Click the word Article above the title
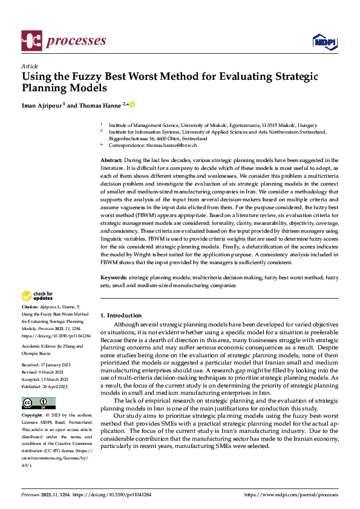29,66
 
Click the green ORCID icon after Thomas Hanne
132,104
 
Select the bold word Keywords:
114,277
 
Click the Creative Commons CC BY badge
39,403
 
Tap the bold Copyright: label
33,416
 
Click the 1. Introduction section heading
121,315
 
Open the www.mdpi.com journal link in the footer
290,494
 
